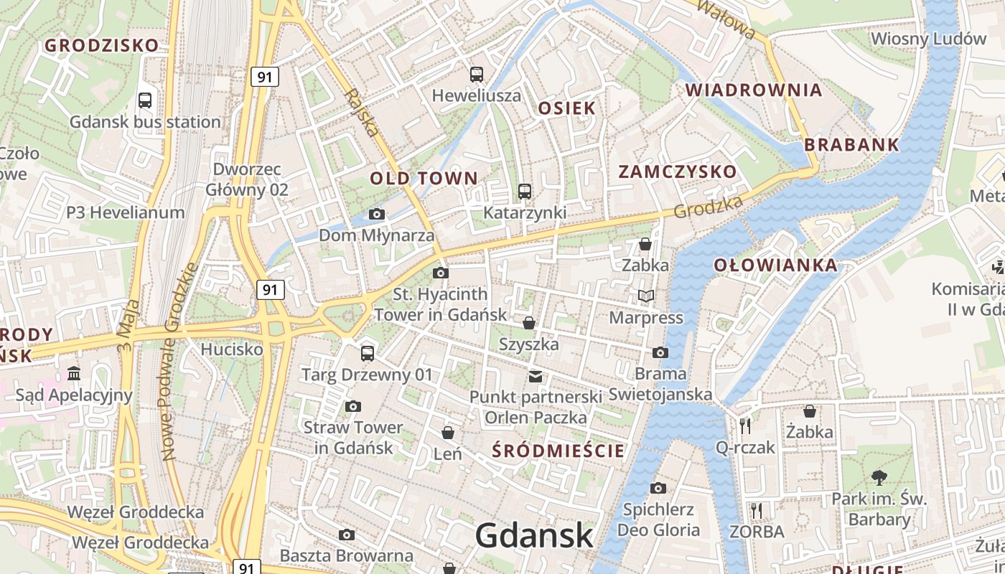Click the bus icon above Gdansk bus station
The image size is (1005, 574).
coord(145,100)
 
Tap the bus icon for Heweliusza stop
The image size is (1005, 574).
coord(476,74)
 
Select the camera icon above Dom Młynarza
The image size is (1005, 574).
coord(376,214)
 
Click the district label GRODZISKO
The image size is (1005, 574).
coord(102,45)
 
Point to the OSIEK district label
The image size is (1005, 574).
coord(566,108)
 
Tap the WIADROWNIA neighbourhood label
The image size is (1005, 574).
coord(754,90)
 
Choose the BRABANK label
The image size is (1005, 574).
coord(851,144)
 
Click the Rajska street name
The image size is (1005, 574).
coord(362,112)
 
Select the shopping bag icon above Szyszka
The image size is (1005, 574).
coord(529,323)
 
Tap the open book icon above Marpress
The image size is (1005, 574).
coord(646,296)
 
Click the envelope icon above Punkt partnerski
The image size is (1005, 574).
coord(536,376)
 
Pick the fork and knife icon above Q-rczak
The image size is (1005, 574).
coord(745,426)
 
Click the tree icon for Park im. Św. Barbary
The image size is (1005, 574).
coord(879,477)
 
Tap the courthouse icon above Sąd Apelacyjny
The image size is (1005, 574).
coord(74,373)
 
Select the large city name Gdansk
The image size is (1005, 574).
coord(534,535)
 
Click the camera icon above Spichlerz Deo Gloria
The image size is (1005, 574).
coord(658,489)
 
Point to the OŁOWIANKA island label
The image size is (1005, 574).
coord(775,265)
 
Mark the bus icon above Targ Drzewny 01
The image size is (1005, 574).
coord(368,353)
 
